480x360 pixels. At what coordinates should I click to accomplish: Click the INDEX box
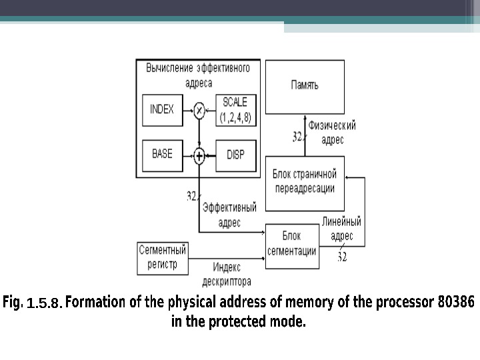(x=162, y=109)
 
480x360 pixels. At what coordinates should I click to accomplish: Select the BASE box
(x=162, y=155)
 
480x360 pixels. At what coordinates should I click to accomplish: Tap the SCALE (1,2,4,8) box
(x=235, y=109)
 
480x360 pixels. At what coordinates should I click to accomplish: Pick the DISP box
(x=235, y=155)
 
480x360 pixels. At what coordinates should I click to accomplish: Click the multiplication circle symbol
(x=199, y=110)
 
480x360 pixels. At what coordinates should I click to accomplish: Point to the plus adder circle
(x=199, y=156)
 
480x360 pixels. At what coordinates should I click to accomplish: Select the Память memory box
(x=305, y=86)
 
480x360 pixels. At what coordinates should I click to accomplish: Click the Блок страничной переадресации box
(x=305, y=181)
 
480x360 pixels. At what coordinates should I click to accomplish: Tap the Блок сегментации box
(x=291, y=244)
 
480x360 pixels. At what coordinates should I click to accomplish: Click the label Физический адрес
(x=332, y=132)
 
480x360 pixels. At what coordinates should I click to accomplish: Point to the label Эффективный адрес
(x=229, y=215)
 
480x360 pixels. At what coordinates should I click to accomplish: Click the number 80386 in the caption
(x=455, y=302)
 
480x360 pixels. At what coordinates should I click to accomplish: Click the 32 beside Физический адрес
(x=298, y=137)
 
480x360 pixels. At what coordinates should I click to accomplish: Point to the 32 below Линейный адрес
(x=341, y=256)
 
